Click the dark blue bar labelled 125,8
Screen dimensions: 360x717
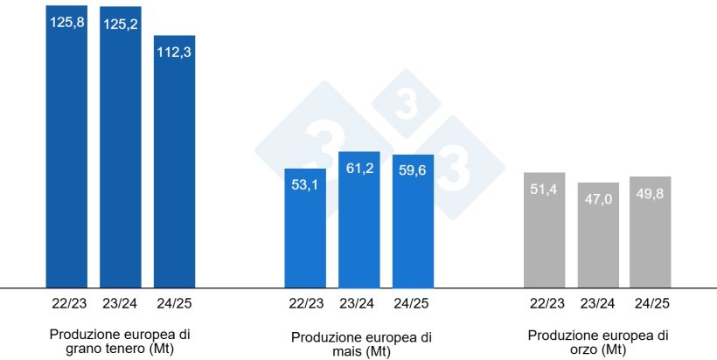point(66,149)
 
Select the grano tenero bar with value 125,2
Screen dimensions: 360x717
point(121,149)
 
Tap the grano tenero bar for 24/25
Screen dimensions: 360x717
point(175,166)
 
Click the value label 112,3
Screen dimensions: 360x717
point(175,51)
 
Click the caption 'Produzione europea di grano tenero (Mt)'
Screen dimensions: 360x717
point(120,342)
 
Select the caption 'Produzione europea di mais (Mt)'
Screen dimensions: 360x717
point(360,344)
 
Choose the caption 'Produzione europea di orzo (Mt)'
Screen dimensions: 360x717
point(599,342)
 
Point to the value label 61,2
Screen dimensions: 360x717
point(359,168)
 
